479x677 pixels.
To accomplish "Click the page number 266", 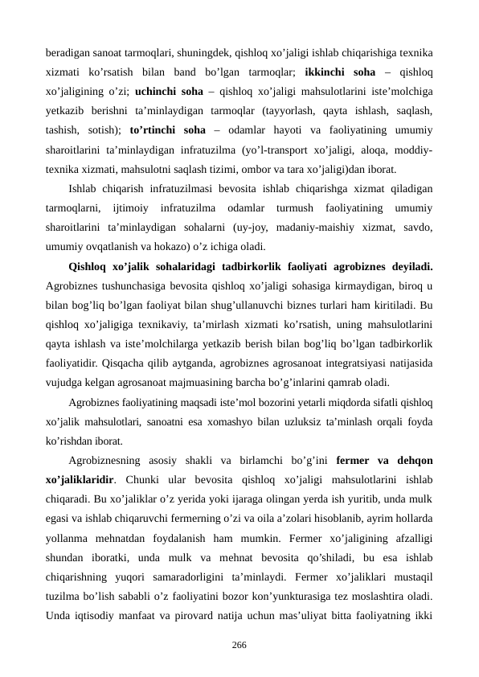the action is [239, 645].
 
